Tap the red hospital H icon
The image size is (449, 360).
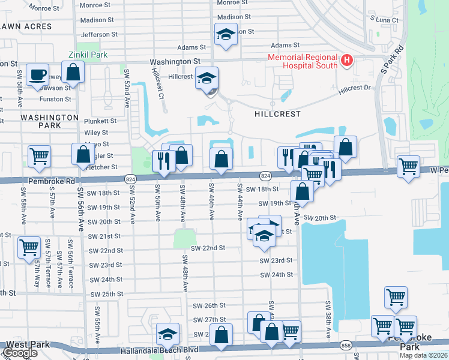pyautogui.click(x=346, y=60)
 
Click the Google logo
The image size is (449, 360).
pyautogui.click(x=20, y=353)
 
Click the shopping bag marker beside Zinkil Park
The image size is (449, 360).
pyautogui.click(x=73, y=73)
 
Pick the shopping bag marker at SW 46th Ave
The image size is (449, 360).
pyautogui.click(x=221, y=160)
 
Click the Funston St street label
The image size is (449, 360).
pyautogui.click(x=56, y=99)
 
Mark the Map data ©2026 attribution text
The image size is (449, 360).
pyautogui.click(x=423, y=355)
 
